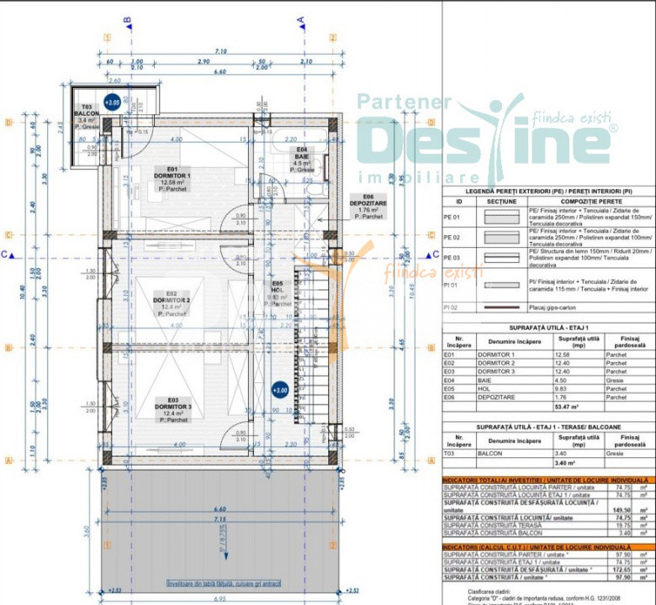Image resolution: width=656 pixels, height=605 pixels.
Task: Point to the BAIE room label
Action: [301, 155]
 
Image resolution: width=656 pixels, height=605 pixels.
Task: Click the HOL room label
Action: [278, 290]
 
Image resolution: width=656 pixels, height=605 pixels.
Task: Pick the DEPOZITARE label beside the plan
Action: [368, 205]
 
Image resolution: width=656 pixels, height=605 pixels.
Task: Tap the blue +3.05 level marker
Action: [111, 103]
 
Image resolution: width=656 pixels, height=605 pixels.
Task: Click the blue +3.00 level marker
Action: [280, 390]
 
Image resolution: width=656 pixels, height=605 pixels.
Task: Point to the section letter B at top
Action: [128, 20]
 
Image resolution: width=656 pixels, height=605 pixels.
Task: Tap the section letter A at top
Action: [300, 20]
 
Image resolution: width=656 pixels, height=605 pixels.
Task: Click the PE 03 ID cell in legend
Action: [454, 257]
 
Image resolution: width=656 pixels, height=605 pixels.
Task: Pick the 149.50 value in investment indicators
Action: [622, 510]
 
